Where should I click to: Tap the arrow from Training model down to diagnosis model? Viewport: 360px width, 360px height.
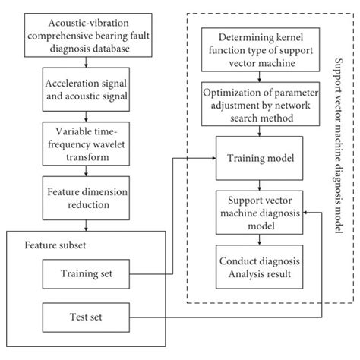(260, 187)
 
